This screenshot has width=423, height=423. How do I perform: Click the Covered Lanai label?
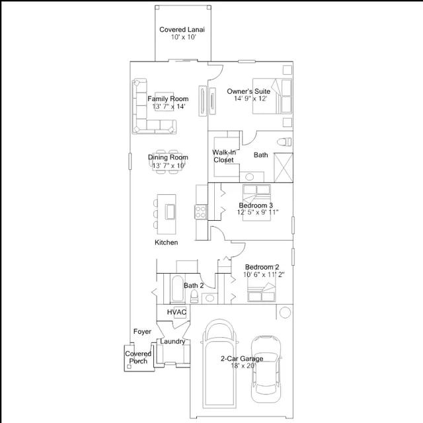(182, 29)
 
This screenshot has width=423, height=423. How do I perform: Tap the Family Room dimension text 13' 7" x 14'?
(169, 106)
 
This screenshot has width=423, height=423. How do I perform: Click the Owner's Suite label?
(249, 91)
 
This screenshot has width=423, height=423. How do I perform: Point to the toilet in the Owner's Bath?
(284, 141)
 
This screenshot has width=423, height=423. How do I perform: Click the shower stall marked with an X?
(284, 167)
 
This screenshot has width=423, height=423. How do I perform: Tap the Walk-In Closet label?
(224, 156)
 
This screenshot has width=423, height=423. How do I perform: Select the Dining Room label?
(168, 157)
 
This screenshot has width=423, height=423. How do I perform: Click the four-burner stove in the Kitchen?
(201, 211)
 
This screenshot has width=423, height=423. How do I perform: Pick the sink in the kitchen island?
(171, 211)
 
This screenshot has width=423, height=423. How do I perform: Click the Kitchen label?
(166, 243)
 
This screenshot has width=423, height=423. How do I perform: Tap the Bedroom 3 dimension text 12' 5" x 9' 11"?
(258, 212)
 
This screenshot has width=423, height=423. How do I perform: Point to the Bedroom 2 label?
(262, 267)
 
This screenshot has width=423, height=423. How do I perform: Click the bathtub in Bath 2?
(177, 288)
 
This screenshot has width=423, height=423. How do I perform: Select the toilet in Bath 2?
(194, 297)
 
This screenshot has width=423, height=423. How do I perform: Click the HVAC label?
(176, 312)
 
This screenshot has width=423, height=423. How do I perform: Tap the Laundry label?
(173, 341)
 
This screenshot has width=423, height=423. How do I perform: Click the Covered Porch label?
(138, 357)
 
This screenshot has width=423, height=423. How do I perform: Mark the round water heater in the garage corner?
(285, 313)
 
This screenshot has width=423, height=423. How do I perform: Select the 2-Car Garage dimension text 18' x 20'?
(243, 365)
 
